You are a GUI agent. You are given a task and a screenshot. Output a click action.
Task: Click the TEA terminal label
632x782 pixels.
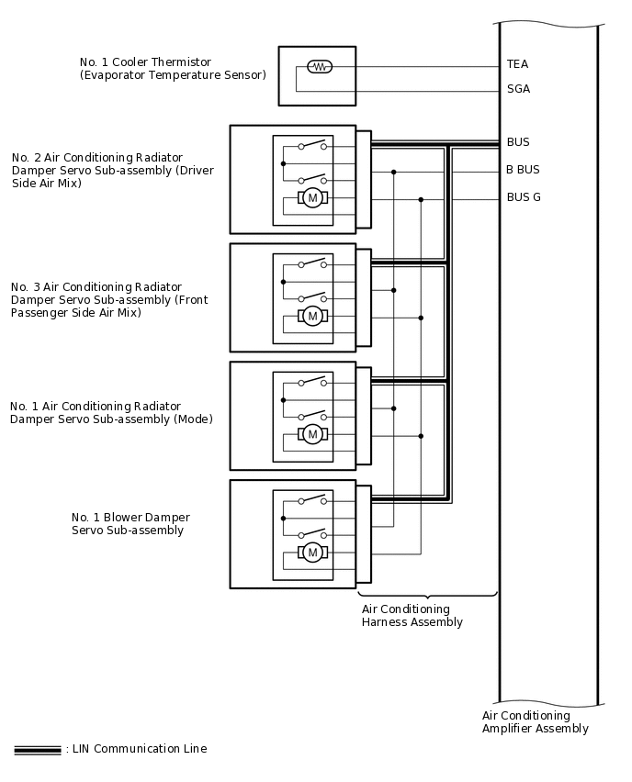[x=517, y=64]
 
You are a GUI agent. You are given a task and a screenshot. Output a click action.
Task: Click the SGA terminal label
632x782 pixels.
[x=518, y=89]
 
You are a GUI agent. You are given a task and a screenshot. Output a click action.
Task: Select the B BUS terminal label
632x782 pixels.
[x=523, y=170]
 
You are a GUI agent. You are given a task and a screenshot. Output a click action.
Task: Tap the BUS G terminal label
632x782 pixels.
[x=524, y=197]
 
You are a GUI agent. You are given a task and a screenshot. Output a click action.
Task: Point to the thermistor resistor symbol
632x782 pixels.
[x=319, y=66]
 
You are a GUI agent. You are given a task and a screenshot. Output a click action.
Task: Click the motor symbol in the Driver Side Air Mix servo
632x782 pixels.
[x=312, y=198]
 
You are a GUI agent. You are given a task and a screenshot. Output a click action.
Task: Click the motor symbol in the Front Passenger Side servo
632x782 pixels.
[x=312, y=317]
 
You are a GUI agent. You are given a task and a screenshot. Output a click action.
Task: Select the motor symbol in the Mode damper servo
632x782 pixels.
[x=312, y=434]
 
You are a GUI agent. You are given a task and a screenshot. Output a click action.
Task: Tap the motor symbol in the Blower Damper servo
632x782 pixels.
[x=312, y=552]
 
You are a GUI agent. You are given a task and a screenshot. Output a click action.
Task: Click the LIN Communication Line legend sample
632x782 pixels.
[x=38, y=750]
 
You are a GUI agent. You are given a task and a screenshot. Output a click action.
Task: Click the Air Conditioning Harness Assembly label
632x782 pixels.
[x=412, y=616]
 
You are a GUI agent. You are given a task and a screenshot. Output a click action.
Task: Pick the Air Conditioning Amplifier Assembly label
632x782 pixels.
[x=535, y=722]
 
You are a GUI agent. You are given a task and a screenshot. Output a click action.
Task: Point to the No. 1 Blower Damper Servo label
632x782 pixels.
[x=130, y=524]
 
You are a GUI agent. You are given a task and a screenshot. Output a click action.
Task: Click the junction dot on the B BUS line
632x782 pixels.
[x=393, y=172]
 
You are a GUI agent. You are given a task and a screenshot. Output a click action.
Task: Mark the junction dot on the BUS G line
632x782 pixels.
[x=421, y=199]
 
